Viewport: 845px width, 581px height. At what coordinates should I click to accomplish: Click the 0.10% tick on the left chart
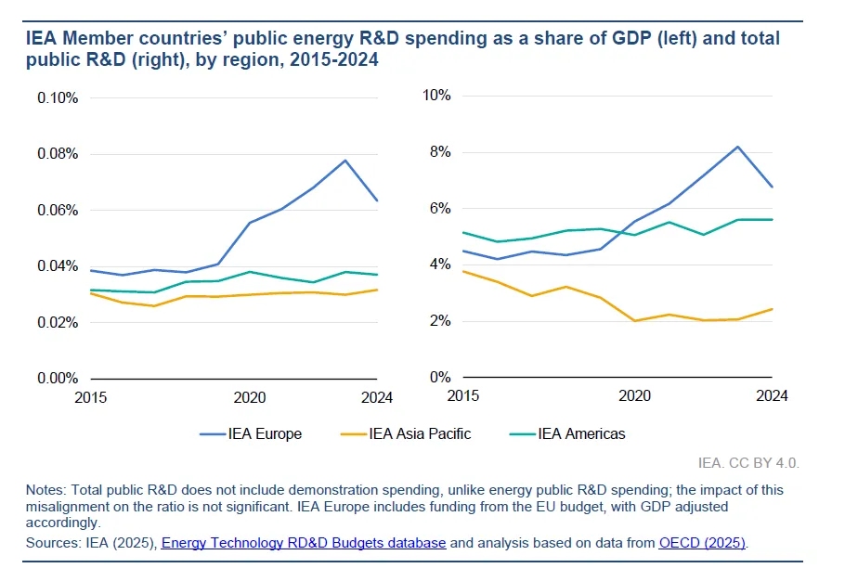pyautogui.click(x=58, y=97)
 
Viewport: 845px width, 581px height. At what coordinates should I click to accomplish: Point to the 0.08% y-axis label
pyautogui.click(x=58, y=154)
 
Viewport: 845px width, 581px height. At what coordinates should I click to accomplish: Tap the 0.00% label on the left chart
pyautogui.click(x=58, y=379)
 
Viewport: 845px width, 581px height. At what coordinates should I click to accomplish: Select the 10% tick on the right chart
pyautogui.click(x=437, y=95)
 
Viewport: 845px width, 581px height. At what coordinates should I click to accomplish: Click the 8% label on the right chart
pyautogui.click(x=441, y=151)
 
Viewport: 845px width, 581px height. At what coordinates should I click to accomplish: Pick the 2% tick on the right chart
pyautogui.click(x=441, y=321)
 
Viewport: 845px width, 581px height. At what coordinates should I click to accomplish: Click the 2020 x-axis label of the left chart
pyautogui.click(x=250, y=397)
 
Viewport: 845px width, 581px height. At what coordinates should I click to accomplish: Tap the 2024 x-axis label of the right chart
pyautogui.click(x=772, y=396)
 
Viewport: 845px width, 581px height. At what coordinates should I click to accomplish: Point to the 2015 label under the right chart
pyautogui.click(x=463, y=396)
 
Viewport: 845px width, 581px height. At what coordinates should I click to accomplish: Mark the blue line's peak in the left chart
pyautogui.click(x=345, y=161)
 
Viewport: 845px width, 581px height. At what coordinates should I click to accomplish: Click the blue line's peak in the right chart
pyautogui.click(x=737, y=147)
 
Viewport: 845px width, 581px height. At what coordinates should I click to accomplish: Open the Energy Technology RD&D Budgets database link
pyautogui.click(x=304, y=542)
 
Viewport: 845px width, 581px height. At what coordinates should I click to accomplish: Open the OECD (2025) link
pyautogui.click(x=703, y=542)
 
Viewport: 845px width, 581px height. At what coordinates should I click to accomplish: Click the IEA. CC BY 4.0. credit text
pyautogui.click(x=748, y=461)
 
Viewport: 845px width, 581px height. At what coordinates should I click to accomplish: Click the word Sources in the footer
pyautogui.click(x=51, y=542)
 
